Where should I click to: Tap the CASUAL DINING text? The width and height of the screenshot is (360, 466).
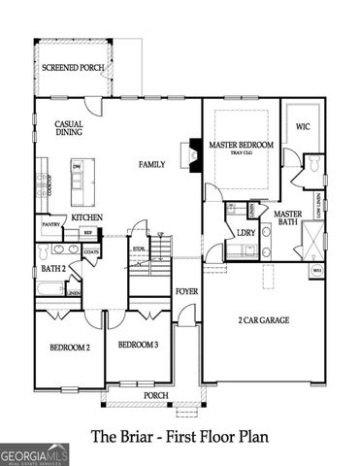[x=68, y=130]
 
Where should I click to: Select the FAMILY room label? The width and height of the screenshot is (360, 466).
[x=151, y=165]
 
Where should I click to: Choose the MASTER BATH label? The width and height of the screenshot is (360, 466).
[x=288, y=219]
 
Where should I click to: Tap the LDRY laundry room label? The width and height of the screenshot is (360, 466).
[x=246, y=232]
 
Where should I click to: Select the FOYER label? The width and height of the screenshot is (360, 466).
[x=186, y=291]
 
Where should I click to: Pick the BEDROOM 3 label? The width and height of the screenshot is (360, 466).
[x=138, y=345]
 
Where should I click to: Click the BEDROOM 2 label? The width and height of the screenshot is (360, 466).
[x=68, y=348]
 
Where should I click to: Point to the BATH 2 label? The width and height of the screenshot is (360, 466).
[x=52, y=268]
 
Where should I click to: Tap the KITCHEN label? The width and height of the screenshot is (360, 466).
[x=86, y=217]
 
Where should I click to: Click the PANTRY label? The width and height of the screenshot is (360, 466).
[x=51, y=224]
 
